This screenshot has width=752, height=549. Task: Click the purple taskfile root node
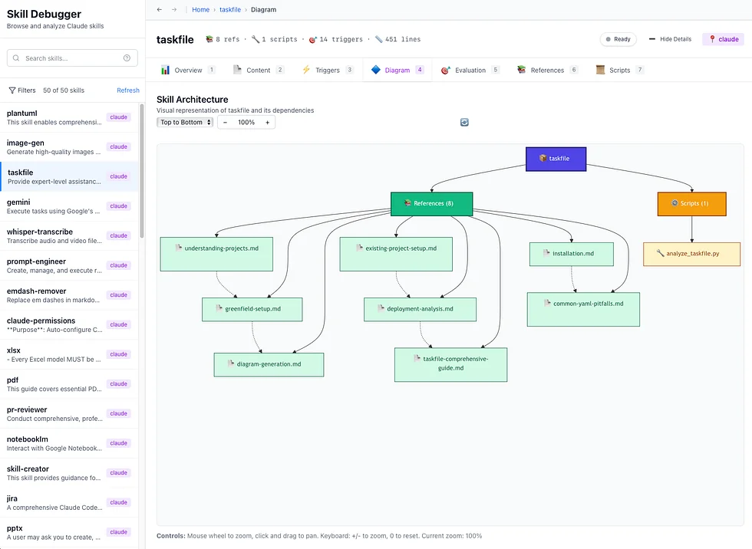[x=556, y=159]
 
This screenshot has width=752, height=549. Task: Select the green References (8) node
[x=431, y=203]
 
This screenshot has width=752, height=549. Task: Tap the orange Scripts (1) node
[x=692, y=203]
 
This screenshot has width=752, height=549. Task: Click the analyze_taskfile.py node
[x=691, y=254]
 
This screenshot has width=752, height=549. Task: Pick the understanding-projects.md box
[x=216, y=254]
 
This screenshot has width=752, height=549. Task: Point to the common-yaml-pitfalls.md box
[x=583, y=309]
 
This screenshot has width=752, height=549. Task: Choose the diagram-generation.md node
[x=269, y=364]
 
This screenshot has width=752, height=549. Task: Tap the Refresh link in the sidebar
[x=128, y=90]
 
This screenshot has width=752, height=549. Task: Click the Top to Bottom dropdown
[x=185, y=123]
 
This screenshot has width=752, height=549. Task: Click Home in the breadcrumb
[x=200, y=10]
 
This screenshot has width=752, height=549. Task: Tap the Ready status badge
[x=618, y=39]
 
